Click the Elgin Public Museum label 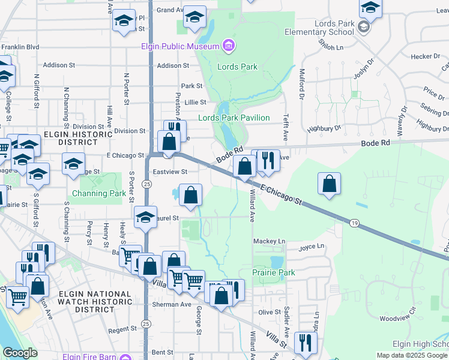[180, 46]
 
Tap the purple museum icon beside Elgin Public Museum [228, 45]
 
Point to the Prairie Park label [274, 272]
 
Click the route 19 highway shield [354, 223]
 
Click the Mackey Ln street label [268, 241]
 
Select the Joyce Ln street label [311, 246]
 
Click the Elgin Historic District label [77, 138]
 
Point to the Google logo [20, 353]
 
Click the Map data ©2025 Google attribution [412, 355]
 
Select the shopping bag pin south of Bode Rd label [330, 184]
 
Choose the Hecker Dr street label [426, 56]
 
